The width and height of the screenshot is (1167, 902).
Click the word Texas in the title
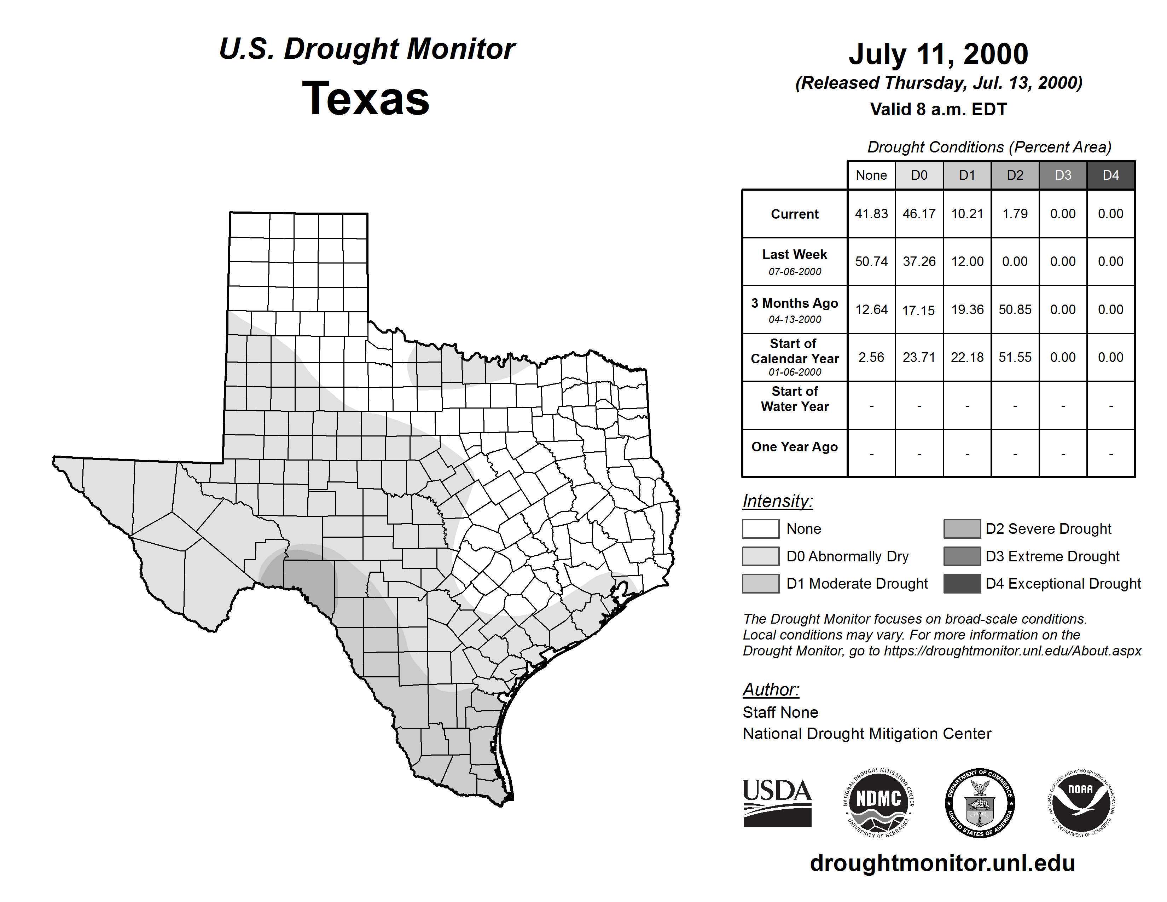click(x=366, y=98)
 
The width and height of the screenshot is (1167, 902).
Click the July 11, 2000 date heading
click(x=938, y=54)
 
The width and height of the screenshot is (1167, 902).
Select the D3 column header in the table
click(x=1063, y=175)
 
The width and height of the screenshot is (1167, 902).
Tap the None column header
click(x=871, y=175)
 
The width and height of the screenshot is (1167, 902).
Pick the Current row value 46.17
click(x=919, y=214)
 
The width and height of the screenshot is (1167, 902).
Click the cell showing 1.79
click(x=1015, y=214)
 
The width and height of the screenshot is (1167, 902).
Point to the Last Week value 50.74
click(x=871, y=261)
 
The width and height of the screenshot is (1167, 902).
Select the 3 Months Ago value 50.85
click(x=1015, y=310)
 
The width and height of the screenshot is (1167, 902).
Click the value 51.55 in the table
click(x=1015, y=357)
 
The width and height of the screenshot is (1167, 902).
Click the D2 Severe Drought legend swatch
click(x=962, y=528)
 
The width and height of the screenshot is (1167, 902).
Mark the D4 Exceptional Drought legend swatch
click(x=962, y=584)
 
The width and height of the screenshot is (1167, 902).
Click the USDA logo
click(x=777, y=803)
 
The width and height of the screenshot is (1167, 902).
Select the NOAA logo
click(x=1080, y=803)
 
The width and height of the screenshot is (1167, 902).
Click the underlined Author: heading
click(x=771, y=689)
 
